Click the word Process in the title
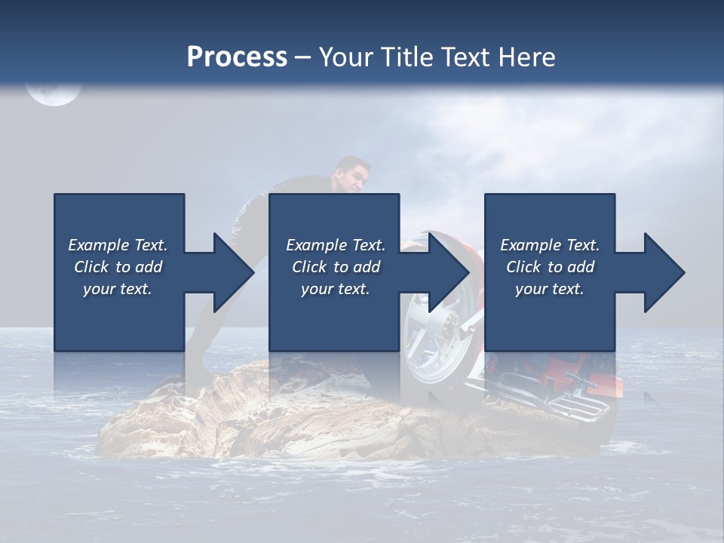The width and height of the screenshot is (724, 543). tap(237, 57)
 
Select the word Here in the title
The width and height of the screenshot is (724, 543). tap(525, 57)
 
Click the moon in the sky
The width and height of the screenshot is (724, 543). tap(53, 92)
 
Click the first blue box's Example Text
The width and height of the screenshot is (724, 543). tap(118, 245)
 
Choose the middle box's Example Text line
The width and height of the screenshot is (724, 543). tap(336, 245)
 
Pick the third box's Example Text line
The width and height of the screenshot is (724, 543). tap(550, 245)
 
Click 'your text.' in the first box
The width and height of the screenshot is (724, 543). tap(118, 289)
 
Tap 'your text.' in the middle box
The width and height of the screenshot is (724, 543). tap(336, 289)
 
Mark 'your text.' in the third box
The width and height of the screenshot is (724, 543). tap(550, 289)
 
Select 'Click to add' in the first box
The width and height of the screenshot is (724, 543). tap(118, 267)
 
